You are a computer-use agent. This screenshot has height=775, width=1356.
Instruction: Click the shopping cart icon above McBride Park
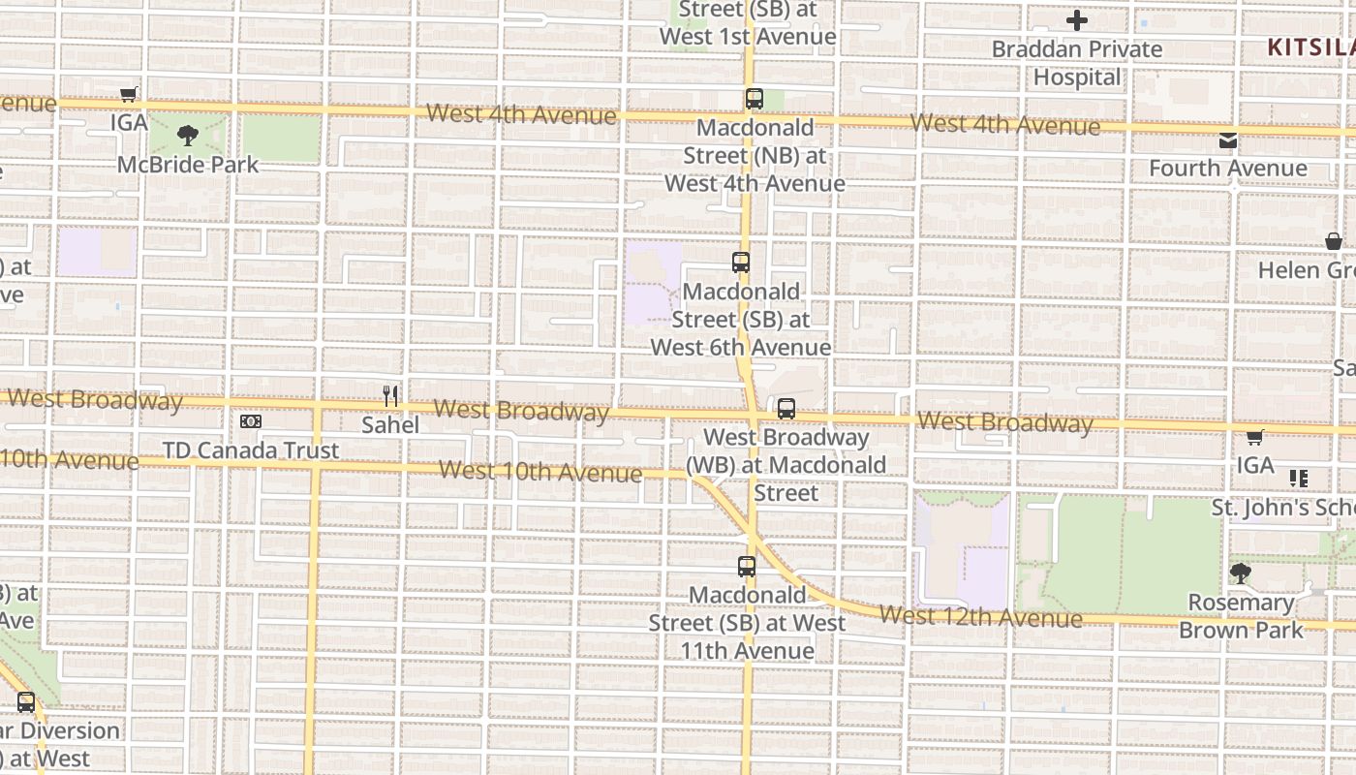[x=128, y=94]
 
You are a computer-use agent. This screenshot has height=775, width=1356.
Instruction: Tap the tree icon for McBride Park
[x=188, y=135]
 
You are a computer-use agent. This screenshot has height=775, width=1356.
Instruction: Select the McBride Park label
[x=188, y=165]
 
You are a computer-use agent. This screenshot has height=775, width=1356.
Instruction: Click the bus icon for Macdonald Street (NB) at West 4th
[x=755, y=99]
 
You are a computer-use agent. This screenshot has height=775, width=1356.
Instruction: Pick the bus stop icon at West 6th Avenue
[x=741, y=263]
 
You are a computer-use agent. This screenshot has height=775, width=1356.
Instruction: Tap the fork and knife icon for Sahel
[x=390, y=395]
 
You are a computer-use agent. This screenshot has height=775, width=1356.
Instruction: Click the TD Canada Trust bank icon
[x=251, y=421]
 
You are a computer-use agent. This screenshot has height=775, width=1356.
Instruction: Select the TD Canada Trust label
[x=251, y=450]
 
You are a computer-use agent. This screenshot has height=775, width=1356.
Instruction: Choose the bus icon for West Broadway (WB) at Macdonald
[x=786, y=409]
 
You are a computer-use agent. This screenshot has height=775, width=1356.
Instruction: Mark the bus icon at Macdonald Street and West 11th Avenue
[x=747, y=567]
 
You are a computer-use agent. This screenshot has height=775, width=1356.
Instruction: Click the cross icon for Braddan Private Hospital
[x=1077, y=20]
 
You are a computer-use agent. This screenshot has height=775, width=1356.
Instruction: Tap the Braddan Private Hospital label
[x=1077, y=63]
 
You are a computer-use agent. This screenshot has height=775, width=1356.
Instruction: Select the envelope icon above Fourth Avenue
[x=1228, y=140]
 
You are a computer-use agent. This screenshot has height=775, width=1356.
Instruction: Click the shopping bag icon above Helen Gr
[x=1334, y=241]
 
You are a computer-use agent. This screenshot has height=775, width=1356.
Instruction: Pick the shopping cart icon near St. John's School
[x=1255, y=437]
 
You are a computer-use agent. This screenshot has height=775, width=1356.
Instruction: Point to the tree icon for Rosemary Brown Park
[x=1240, y=573]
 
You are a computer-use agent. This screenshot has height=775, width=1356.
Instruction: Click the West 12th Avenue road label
[x=981, y=616]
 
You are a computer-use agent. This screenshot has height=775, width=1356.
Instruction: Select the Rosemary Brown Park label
[x=1241, y=616]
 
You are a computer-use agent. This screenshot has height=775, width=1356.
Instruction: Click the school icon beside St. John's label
[x=1299, y=479]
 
